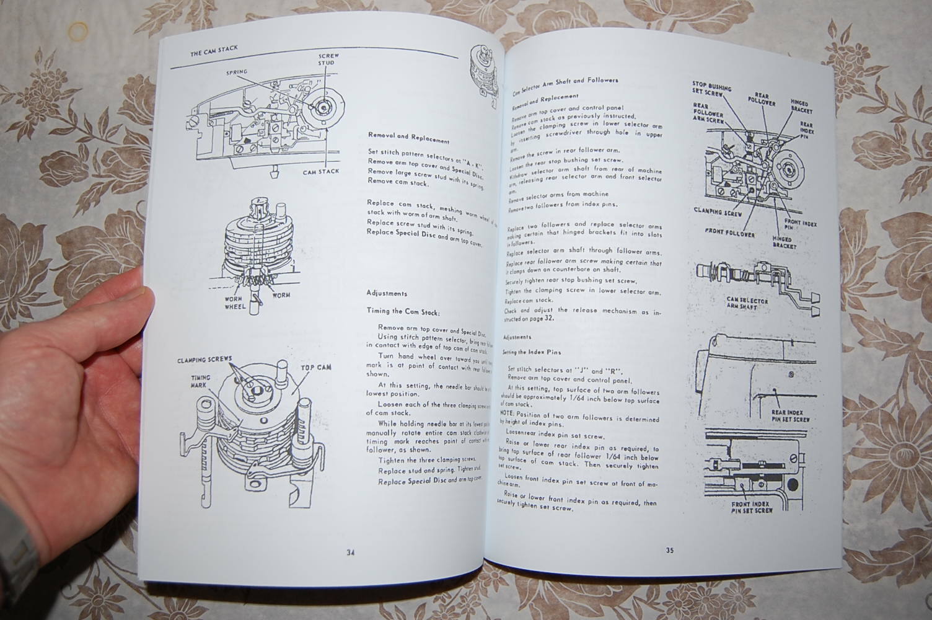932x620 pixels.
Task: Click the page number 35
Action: point(670,550)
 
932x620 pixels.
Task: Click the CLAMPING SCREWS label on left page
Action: point(204,360)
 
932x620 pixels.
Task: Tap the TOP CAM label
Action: point(316,367)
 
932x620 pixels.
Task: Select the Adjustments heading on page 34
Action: point(387,293)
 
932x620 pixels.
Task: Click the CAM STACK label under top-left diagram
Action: point(320,171)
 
